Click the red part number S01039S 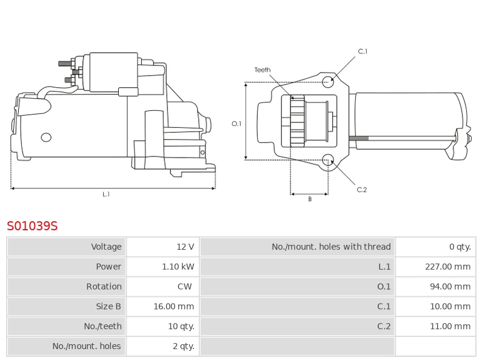(x=32, y=227)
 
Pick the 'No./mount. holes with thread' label (x=331, y=247)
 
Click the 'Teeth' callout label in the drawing (x=263, y=70)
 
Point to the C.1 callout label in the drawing (x=363, y=52)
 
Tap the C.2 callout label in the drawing (x=362, y=190)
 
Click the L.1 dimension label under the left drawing (x=106, y=195)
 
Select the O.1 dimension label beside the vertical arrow (x=236, y=124)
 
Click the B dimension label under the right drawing (x=310, y=199)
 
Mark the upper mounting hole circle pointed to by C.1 (x=328, y=81)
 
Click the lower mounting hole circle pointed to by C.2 (x=328, y=160)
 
